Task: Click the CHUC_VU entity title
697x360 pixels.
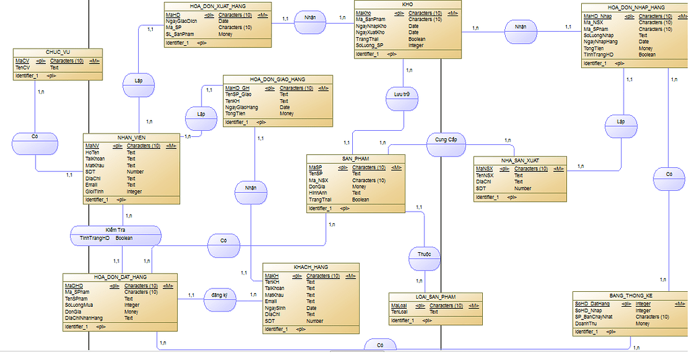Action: tap(58, 52)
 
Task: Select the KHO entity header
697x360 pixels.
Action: tap(407, 4)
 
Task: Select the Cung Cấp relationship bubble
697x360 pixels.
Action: tap(446, 140)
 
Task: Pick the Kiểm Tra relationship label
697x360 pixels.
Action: tap(116, 230)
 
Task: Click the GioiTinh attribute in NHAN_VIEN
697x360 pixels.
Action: tap(95, 191)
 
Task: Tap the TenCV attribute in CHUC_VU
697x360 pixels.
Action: tap(23, 67)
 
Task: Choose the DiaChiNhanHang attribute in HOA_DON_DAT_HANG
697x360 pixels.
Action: tap(84, 318)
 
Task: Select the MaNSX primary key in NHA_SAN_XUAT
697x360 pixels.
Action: tap(484, 169)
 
